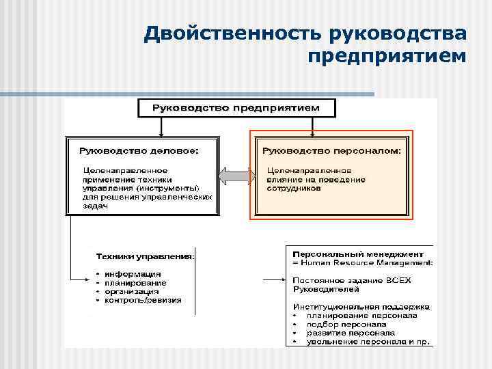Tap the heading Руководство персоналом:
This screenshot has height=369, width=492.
pos(331,150)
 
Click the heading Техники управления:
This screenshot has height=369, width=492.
pos(145,256)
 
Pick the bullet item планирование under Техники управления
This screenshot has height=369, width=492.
pos(135,283)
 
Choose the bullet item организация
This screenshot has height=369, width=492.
pos(133,291)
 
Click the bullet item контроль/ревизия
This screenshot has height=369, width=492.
pos(143,300)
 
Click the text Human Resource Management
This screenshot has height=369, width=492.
pos(366,261)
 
